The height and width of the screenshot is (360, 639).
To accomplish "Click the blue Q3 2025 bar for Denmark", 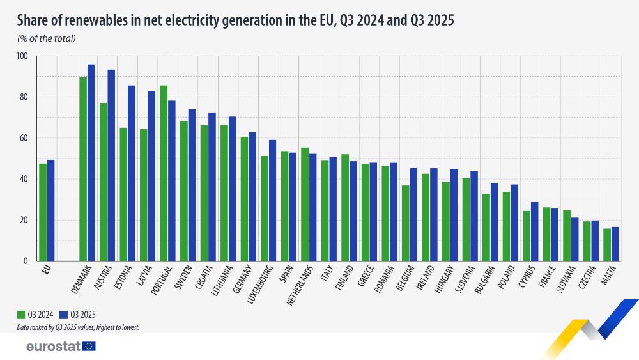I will tap(91, 162).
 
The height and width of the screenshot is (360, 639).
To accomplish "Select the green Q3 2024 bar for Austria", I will tap(103, 182).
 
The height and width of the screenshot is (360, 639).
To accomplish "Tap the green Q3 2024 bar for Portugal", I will tap(164, 173).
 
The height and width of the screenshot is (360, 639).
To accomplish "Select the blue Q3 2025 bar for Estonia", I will tap(131, 173).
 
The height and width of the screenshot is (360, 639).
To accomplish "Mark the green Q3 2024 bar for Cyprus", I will tap(527, 235).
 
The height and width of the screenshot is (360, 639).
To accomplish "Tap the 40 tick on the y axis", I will tap(24, 179).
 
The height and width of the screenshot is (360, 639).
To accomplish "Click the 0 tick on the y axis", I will tap(26, 261).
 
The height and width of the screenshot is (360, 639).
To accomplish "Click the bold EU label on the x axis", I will tap(46, 270).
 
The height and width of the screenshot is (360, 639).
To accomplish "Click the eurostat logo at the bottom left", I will tap(61, 346).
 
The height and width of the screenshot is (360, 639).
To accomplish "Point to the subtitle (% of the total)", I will tap(47, 38).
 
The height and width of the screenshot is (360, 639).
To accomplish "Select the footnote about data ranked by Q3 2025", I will tap(79, 327).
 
